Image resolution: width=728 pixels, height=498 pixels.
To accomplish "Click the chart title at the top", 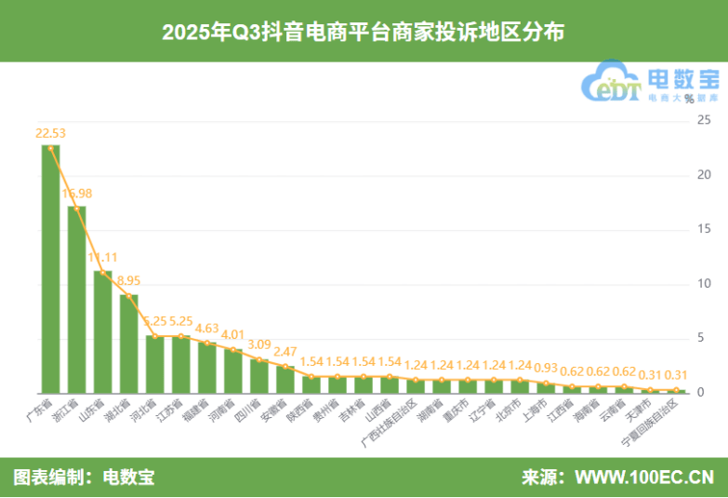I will pos(364,32).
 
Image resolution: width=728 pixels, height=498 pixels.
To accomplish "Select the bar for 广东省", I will pos(50,270).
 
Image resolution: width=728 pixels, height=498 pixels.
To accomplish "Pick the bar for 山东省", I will pos(102,332).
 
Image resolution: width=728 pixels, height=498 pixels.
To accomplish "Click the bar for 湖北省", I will pos(128,343).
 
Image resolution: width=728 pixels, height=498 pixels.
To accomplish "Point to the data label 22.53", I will pos(50,133).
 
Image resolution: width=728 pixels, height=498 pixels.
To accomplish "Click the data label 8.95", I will pos(128,280).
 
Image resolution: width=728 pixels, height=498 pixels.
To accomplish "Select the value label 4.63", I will pos(206,327).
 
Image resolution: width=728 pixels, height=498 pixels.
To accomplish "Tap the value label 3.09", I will pos(258,343).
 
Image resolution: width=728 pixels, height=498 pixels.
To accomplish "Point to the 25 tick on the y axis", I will pos(704,120).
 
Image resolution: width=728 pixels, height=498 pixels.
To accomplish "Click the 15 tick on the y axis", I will pos(704,229).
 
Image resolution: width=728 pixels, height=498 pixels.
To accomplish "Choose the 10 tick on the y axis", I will pos(704,284).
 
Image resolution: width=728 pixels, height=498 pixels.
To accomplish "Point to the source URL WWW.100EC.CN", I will pos(644,478).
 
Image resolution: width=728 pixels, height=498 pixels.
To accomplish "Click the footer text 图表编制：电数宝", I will pos(84,478).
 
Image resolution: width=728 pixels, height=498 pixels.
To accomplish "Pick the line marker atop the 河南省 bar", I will pos(232,350).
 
